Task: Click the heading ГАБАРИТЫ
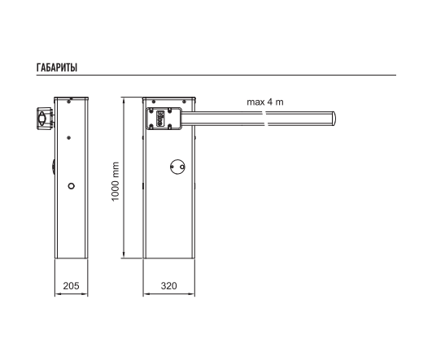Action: [57, 67]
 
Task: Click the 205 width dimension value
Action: [71, 286]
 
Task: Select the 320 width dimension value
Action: [168, 286]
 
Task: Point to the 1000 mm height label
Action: [116, 182]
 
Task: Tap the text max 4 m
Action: [265, 102]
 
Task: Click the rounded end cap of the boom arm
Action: [334, 119]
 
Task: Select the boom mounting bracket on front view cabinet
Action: [164, 119]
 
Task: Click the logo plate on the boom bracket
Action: [160, 119]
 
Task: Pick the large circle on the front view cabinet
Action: [177, 167]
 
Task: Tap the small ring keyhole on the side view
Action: [72, 186]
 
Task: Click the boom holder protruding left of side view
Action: [45, 119]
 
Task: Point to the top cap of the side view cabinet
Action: [71, 98]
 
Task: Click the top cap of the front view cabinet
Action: [168, 98]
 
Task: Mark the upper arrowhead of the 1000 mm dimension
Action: [124, 100]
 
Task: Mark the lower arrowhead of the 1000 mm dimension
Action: [124, 255]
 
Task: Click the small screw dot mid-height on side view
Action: [69, 138]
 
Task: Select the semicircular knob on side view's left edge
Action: [53, 167]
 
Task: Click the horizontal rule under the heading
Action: [216, 75]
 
